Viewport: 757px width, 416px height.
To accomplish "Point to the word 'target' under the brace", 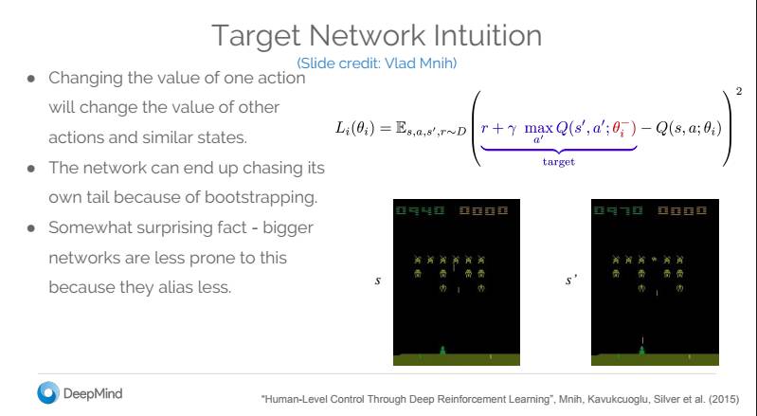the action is click(x=558, y=162).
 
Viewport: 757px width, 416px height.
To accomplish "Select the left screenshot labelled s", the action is click(x=454, y=282).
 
